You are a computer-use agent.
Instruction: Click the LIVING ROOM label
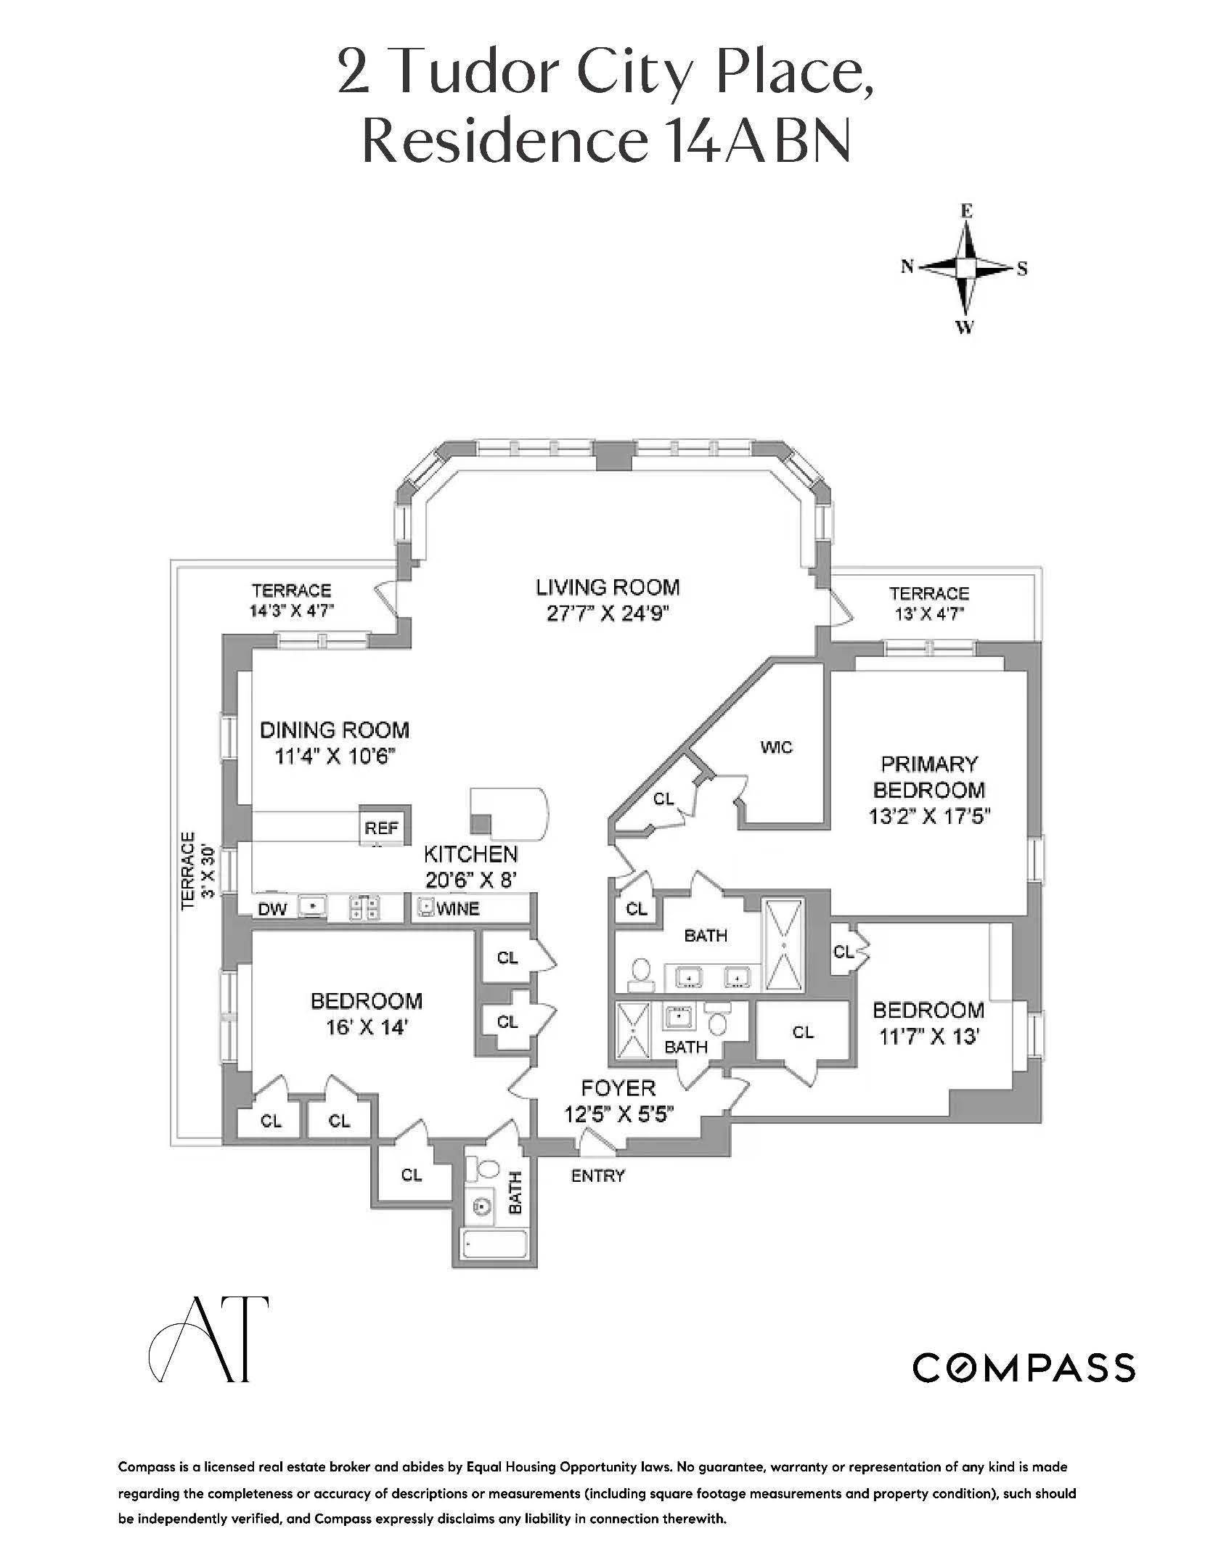(x=608, y=587)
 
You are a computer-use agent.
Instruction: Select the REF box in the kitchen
(x=381, y=828)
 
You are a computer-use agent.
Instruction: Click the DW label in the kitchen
(x=272, y=908)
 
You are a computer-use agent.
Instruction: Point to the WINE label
(x=458, y=908)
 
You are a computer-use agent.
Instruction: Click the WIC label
(x=776, y=747)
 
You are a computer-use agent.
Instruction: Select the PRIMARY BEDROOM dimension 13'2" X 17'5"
(x=929, y=817)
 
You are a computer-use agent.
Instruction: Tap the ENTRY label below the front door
(x=597, y=1175)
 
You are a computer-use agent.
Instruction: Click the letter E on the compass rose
(x=966, y=211)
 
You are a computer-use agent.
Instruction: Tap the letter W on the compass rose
(x=964, y=328)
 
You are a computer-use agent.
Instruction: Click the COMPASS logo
(x=1023, y=1368)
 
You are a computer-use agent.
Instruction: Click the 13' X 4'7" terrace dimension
(x=929, y=614)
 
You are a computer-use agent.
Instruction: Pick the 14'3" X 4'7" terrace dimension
(x=291, y=611)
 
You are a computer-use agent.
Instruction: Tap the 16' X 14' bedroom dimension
(x=366, y=1028)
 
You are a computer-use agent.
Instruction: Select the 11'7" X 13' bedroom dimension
(x=929, y=1037)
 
